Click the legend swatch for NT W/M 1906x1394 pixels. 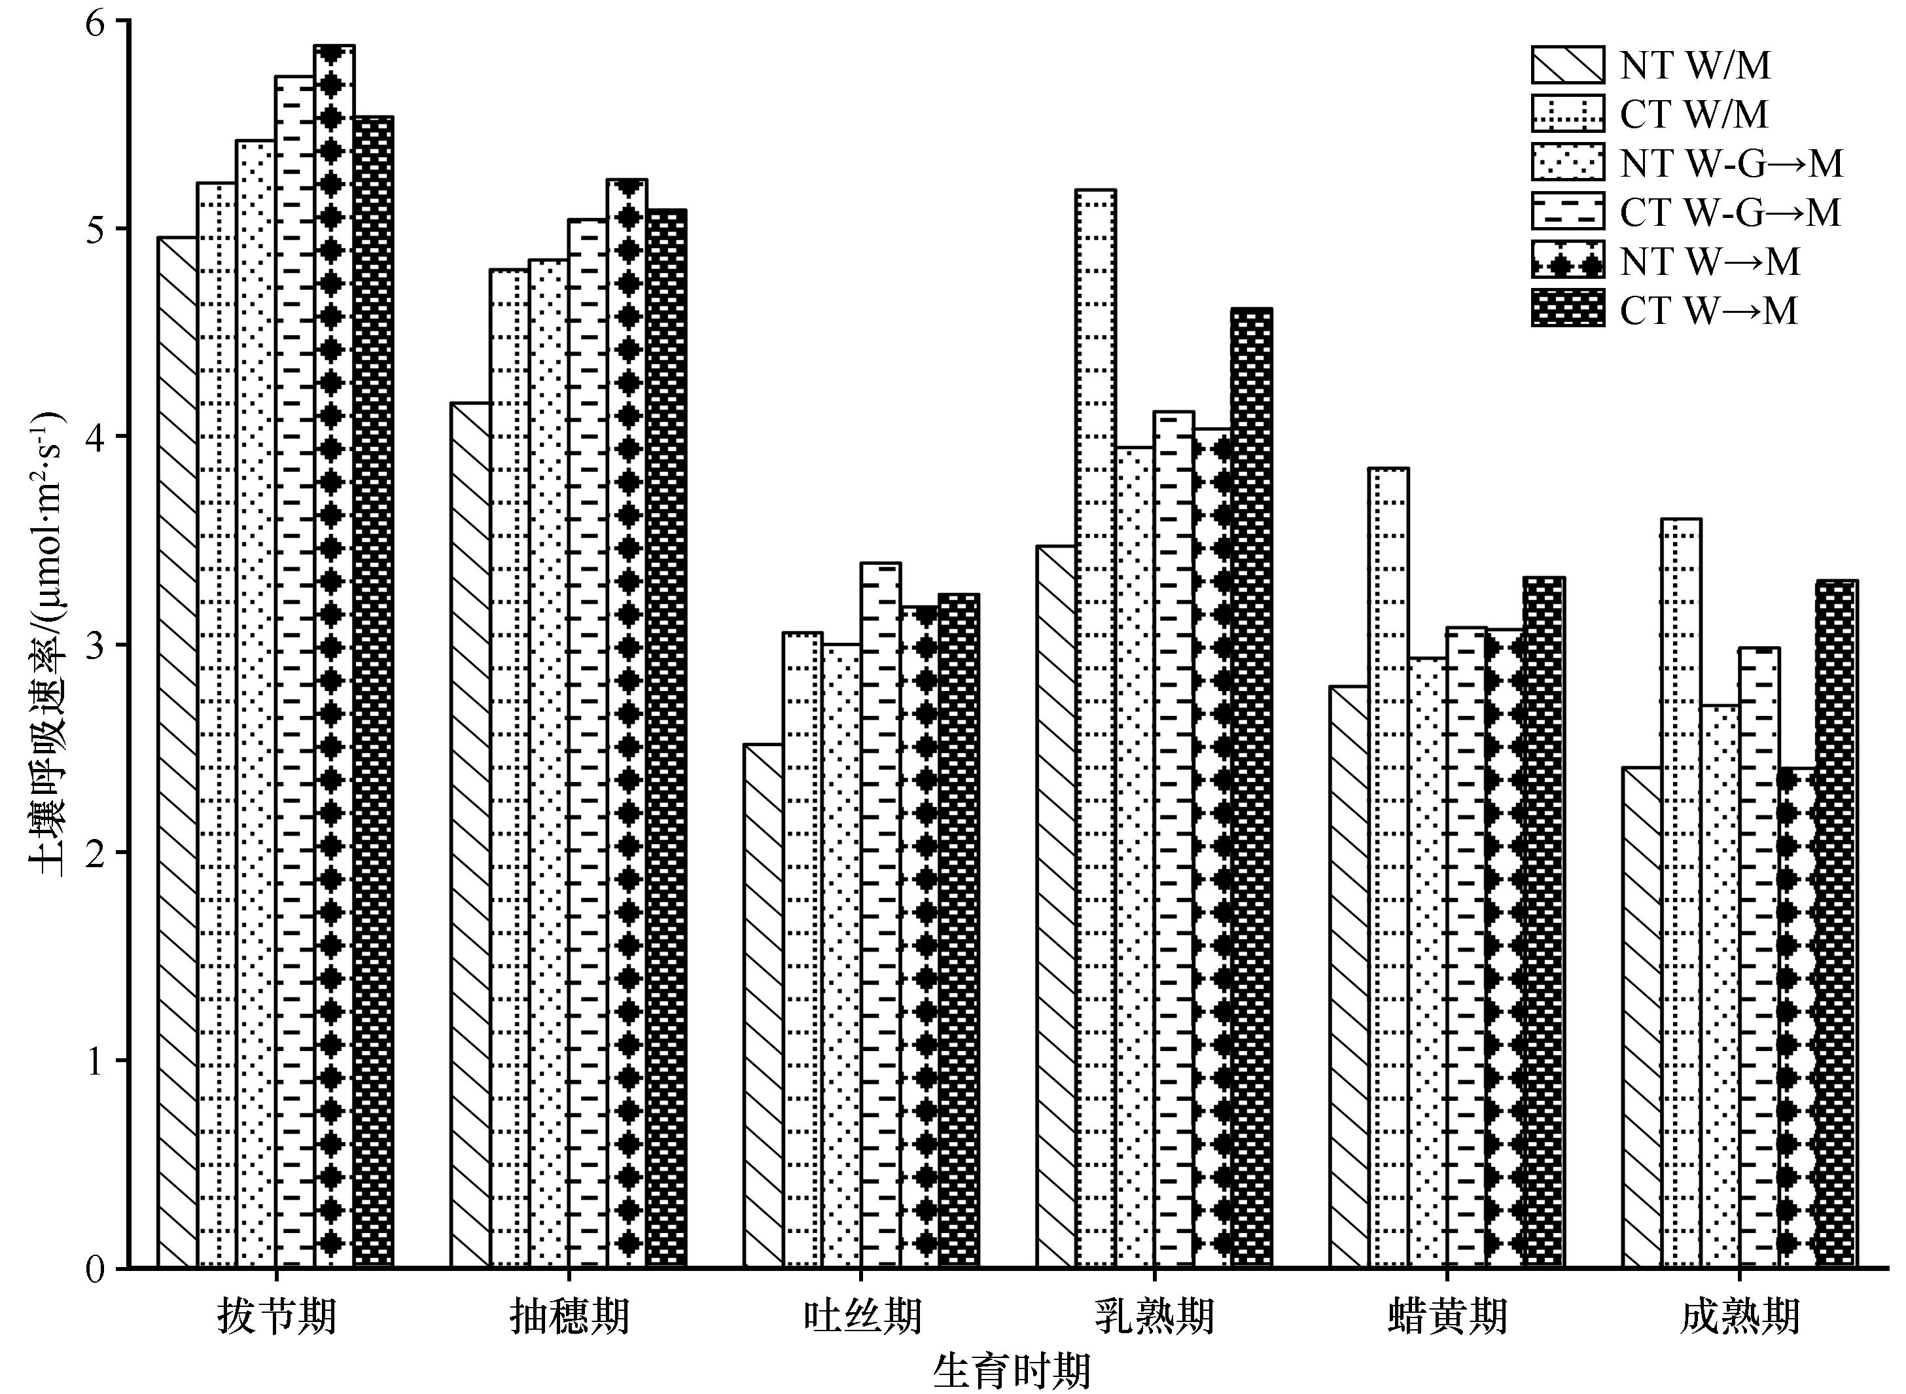click(1568, 65)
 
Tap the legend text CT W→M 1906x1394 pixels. click(1708, 310)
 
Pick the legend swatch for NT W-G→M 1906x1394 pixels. click(1568, 162)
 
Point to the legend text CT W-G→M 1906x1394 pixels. click(1729, 212)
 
